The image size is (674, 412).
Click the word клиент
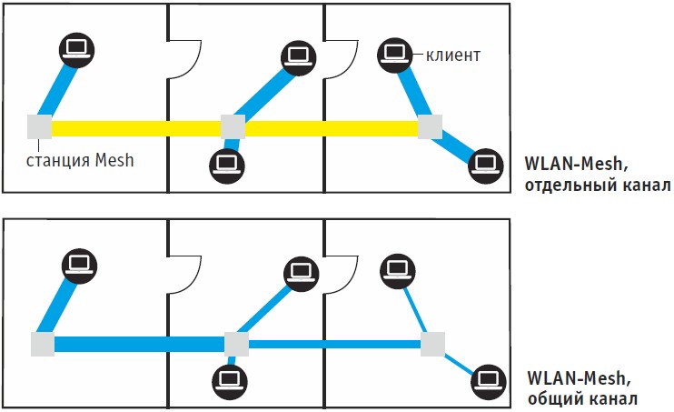[452, 55]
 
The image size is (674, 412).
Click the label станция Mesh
[80, 161]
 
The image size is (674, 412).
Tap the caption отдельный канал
[597, 186]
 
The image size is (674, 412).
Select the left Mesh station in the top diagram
[39, 128]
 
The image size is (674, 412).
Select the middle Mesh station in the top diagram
[233, 127]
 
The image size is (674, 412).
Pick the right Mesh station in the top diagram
[430, 127]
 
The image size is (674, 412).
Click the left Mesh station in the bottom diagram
[43, 344]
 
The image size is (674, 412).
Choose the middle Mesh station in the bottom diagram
[236, 344]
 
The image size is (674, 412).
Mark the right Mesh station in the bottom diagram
[433, 345]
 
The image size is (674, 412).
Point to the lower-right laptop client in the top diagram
[486, 166]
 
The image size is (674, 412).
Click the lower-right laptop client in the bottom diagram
[490, 381]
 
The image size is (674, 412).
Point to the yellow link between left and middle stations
[136, 128]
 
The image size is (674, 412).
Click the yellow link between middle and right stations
[332, 128]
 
